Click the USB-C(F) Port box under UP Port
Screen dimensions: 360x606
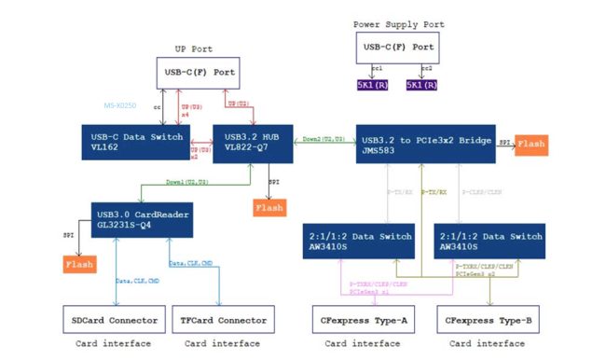[x=198, y=72]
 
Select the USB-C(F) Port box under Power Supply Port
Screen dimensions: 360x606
[x=397, y=47]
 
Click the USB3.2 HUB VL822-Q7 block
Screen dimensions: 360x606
[x=252, y=142]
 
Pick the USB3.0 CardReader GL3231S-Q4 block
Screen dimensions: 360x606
[x=141, y=219]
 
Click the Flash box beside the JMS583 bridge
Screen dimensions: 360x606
[x=530, y=145]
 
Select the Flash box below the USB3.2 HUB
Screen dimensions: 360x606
[x=269, y=208]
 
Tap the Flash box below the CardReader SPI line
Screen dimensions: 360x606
[x=79, y=265]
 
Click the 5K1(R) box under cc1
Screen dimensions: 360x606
[x=372, y=85]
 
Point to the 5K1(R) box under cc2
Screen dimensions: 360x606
[x=421, y=85]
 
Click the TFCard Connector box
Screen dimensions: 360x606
[x=223, y=320]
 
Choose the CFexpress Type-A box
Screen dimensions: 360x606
[x=364, y=320]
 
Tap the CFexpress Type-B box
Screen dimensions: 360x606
[x=489, y=320]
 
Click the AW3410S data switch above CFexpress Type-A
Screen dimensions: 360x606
[x=358, y=242]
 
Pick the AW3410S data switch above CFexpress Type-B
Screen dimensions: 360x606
[x=489, y=242]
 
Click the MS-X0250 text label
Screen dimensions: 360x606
[x=119, y=106]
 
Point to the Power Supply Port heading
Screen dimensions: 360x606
[x=398, y=24]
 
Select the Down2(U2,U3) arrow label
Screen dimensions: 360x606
[x=324, y=139]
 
